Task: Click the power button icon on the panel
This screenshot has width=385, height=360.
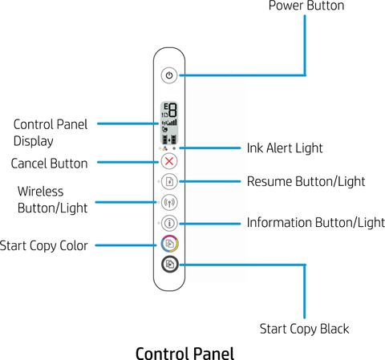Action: [169, 75]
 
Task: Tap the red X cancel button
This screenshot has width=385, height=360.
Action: [169, 161]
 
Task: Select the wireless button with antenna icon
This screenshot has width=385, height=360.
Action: [169, 202]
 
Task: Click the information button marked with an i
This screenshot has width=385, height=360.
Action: [169, 223]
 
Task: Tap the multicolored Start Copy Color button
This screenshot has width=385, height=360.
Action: [169, 244]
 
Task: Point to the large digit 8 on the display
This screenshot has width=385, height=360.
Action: [172, 110]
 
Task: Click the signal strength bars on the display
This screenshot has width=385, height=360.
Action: [172, 123]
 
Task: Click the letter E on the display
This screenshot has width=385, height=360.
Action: [166, 107]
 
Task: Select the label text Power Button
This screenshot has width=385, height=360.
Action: [306, 6]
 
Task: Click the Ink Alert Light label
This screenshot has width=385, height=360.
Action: [285, 148]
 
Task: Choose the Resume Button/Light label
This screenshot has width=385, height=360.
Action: [306, 182]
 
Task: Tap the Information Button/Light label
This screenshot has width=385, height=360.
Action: [316, 223]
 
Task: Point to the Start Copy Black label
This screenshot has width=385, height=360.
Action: [304, 329]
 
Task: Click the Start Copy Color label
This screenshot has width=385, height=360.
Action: [43, 246]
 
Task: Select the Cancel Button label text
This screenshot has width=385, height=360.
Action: [49, 164]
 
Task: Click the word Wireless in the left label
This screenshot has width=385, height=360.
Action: [41, 192]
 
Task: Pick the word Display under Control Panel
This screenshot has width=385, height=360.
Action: [34, 141]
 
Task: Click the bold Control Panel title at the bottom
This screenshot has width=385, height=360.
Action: [185, 354]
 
